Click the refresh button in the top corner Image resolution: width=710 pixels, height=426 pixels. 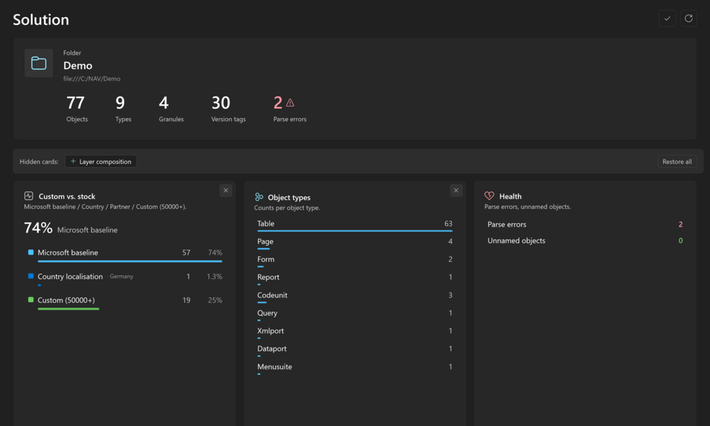[x=688, y=18]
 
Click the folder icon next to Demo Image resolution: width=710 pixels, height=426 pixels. [x=39, y=63]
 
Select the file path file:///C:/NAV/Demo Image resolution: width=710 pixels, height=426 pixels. [x=92, y=78]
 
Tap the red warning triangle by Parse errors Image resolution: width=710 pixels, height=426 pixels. [x=290, y=103]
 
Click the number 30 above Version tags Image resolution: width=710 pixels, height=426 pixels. [x=221, y=103]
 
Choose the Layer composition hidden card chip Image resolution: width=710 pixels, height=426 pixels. [x=101, y=162]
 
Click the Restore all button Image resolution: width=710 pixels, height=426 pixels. [x=677, y=162]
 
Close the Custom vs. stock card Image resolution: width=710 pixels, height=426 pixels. [x=226, y=191]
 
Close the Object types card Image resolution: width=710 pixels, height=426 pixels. [x=456, y=191]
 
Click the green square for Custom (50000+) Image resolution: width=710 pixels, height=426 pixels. [x=31, y=300]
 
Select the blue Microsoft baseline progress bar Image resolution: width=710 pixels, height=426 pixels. [x=130, y=261]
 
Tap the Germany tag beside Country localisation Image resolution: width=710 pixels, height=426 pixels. [x=121, y=276]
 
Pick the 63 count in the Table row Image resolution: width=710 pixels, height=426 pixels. [x=448, y=224]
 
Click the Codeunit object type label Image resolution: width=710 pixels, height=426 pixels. [x=272, y=295]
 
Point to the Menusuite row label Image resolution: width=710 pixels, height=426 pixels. [x=275, y=366]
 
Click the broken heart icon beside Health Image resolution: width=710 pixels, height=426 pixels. [x=489, y=196]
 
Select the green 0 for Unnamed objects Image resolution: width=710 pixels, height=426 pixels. [x=680, y=241]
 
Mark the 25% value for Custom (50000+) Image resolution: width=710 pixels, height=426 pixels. [x=215, y=300]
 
